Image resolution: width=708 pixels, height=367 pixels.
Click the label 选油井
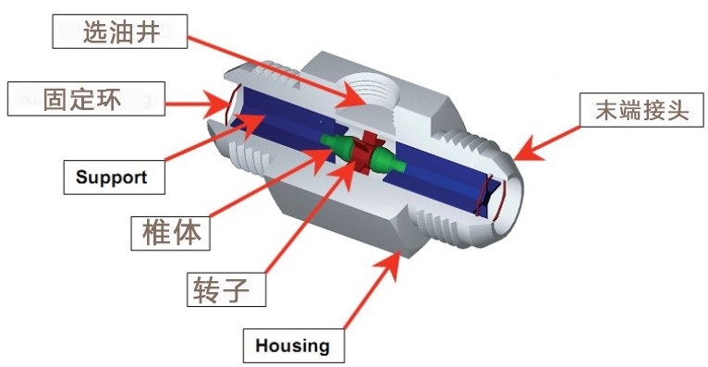coord(119,31)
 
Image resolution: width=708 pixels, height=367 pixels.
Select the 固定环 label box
coord(86,99)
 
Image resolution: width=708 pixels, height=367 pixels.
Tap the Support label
coord(114,177)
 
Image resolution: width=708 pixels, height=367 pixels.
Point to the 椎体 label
coord(171,233)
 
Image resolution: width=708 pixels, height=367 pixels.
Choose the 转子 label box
coord(226,289)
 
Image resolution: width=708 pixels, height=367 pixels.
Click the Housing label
coord(294,346)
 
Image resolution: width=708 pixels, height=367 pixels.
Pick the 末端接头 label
coord(641,110)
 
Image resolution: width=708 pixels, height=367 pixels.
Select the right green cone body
coord(387,161)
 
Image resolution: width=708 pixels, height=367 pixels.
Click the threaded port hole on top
coord(368,92)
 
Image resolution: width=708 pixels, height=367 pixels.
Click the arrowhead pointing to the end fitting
coord(528,150)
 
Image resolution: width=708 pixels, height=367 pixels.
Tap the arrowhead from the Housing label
coord(389,265)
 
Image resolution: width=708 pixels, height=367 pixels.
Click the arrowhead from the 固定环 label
coord(214,104)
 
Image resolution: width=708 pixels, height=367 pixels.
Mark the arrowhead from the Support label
coord(250,122)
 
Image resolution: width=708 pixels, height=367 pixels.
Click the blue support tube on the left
coord(281,121)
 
